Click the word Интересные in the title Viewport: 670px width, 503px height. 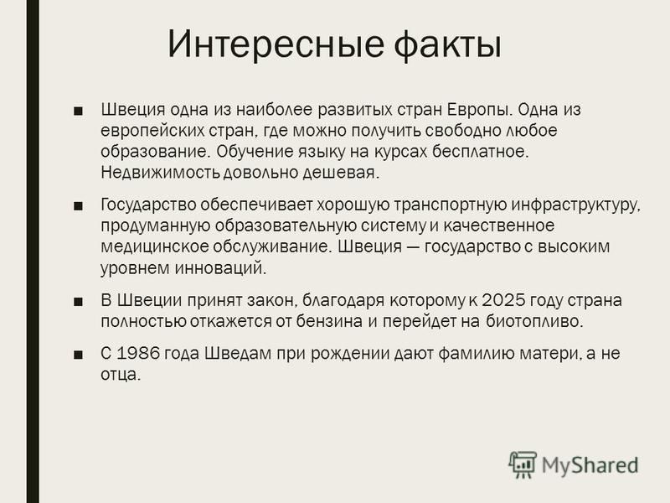276,44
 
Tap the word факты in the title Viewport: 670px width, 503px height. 447,44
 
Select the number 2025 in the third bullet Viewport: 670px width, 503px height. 503,300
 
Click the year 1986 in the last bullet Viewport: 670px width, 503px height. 138,353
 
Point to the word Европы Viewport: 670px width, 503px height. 479,110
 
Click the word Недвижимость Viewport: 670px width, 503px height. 161,173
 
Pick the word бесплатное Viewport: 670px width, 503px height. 480,152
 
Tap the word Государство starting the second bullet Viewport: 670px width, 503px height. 148,205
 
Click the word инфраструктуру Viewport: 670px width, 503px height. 575,205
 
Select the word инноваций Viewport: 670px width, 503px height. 220,268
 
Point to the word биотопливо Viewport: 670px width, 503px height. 534,321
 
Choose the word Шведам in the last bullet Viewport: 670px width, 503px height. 239,354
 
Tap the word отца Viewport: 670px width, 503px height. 121,375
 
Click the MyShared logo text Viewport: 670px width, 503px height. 590,465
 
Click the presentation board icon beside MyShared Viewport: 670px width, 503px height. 522,464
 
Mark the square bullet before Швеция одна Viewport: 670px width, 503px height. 78,111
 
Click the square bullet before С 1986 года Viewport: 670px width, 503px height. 78,355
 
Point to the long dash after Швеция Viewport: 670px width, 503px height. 413,247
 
